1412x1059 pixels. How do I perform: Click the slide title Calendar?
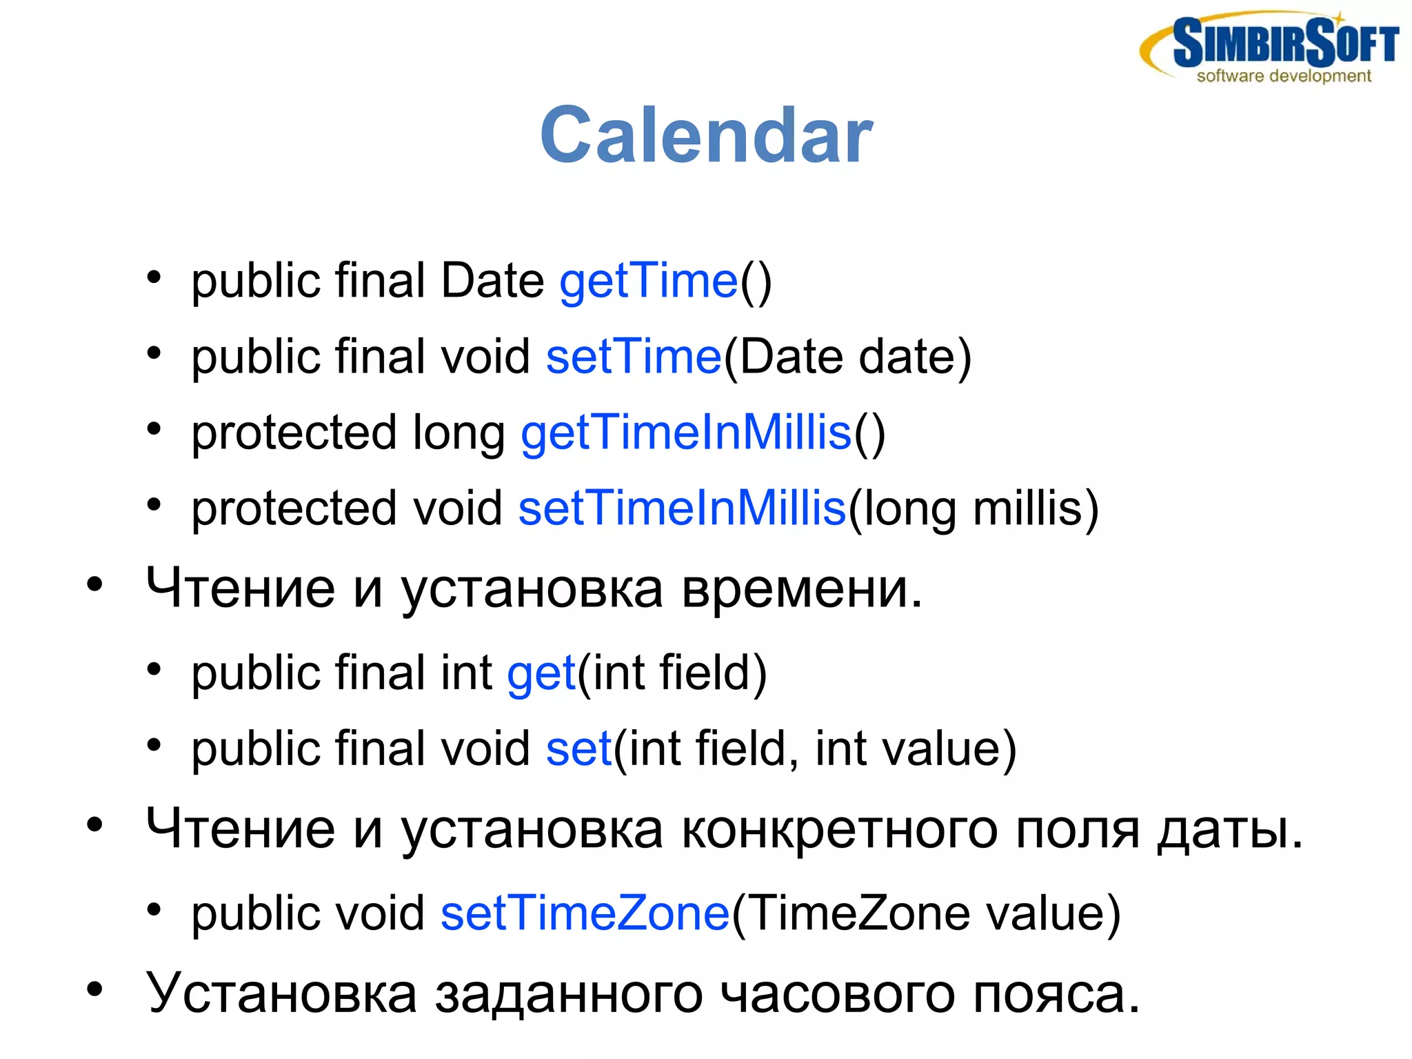pyautogui.click(x=706, y=136)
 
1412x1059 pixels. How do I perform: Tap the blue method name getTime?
pyautogui.click(x=648, y=281)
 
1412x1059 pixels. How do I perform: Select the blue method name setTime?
pyautogui.click(x=633, y=357)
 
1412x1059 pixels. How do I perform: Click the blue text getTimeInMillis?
pyautogui.click(x=686, y=433)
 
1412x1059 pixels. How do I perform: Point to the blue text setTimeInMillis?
pyautogui.click(x=681, y=508)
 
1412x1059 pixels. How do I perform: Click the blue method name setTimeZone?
pyautogui.click(x=585, y=913)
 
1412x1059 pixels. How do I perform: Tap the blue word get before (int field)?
pyautogui.click(x=541, y=674)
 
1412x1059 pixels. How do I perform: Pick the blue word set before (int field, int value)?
pyautogui.click(x=578, y=749)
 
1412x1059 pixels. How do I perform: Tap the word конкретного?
pyautogui.click(x=839, y=829)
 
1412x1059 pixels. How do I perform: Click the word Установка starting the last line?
pyautogui.click(x=281, y=993)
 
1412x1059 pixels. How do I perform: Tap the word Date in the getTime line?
pyautogui.click(x=492, y=281)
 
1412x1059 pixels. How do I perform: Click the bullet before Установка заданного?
pyautogui.click(x=94, y=990)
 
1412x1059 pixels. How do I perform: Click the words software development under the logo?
pyautogui.click(x=1283, y=77)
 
